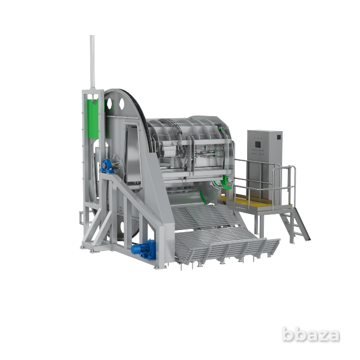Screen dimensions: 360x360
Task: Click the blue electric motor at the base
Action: tap(143, 249)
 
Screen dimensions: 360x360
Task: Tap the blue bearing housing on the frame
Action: tap(106, 166)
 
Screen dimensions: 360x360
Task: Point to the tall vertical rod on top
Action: tap(92, 62)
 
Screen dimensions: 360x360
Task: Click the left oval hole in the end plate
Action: tap(109, 104)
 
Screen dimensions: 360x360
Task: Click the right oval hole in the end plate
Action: tap(121, 104)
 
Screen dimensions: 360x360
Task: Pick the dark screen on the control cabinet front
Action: tap(257, 145)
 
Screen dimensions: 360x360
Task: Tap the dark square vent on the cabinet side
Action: tap(279, 138)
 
